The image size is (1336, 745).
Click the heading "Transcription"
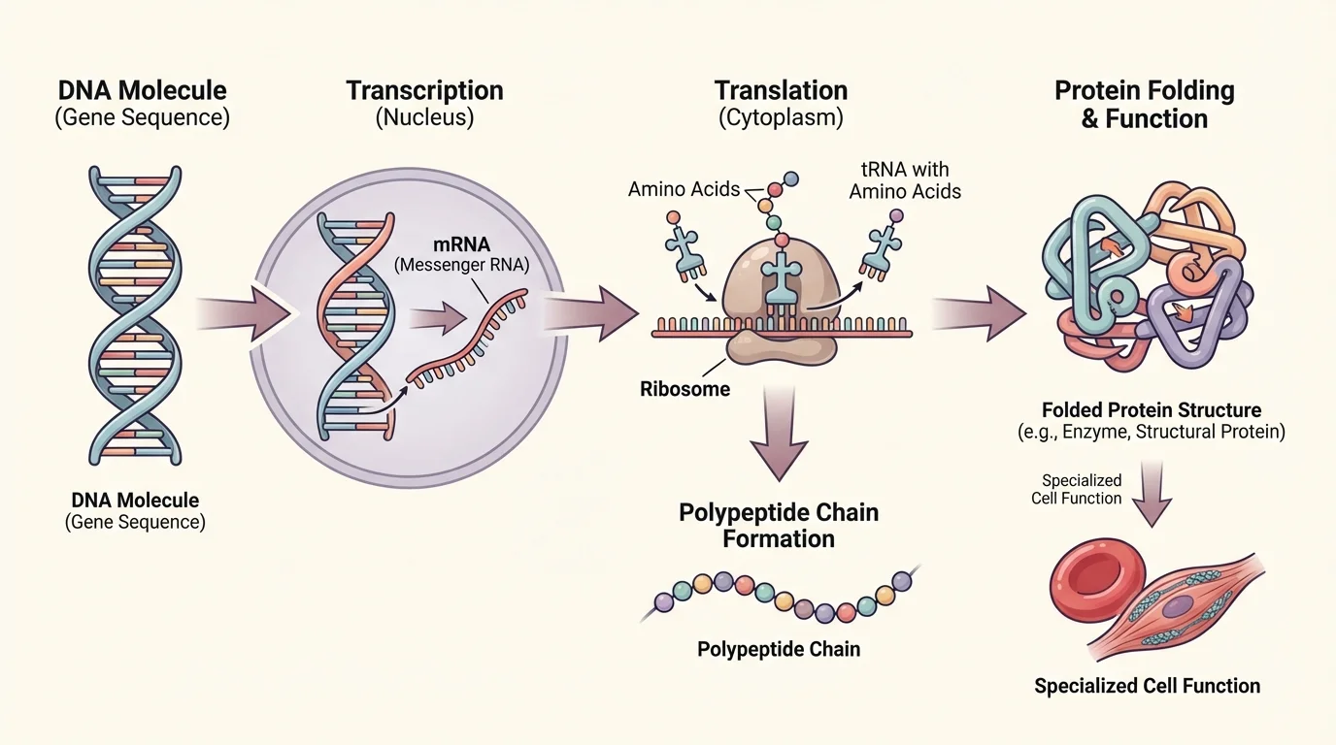pos(424,91)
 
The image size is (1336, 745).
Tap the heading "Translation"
pos(781,91)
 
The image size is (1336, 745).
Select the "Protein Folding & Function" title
pos(1144,105)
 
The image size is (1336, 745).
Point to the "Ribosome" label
pos(685,389)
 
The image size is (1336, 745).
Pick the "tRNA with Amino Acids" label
pos(904,178)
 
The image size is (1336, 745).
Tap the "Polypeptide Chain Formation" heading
pos(779,525)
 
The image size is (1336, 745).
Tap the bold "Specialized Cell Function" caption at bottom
pos(1147,686)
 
